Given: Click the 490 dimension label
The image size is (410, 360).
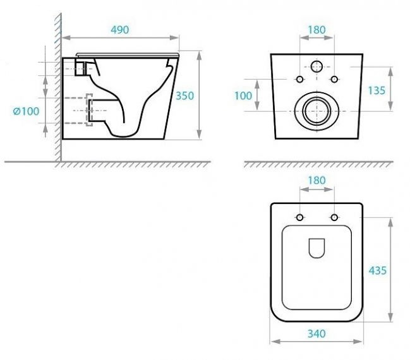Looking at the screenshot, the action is pyautogui.click(x=120, y=30).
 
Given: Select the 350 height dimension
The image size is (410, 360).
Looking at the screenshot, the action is pyautogui.click(x=184, y=96).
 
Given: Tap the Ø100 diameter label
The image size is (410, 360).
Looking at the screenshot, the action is pyautogui.click(x=26, y=111).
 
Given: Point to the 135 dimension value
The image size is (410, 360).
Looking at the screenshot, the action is pyautogui.click(x=377, y=90).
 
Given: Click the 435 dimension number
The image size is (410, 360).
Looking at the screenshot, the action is pyautogui.click(x=378, y=270).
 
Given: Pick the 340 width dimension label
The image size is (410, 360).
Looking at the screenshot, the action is pyautogui.click(x=317, y=333).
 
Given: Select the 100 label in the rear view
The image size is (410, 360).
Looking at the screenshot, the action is pyautogui.click(x=243, y=96).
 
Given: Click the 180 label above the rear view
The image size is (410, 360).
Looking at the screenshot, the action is pyautogui.click(x=317, y=30).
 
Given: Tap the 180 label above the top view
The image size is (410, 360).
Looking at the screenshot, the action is pyautogui.click(x=317, y=181).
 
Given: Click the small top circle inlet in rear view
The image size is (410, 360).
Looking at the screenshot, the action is pyautogui.click(x=317, y=66).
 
